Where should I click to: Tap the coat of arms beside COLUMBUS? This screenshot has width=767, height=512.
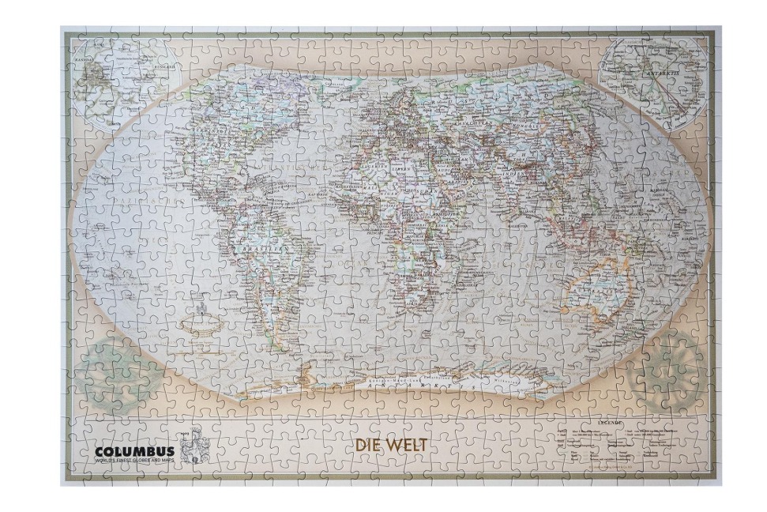pos(190,449)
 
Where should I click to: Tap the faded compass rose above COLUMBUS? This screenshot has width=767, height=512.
pos(111,371)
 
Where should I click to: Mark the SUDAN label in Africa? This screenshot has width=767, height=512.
pos(427,196)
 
